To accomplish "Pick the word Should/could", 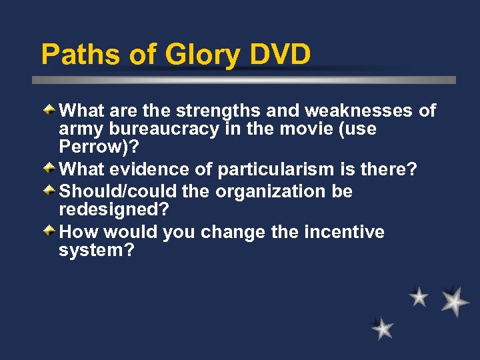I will [x=117, y=191].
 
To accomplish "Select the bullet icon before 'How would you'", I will [x=50, y=231].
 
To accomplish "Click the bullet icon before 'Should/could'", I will [x=50, y=191].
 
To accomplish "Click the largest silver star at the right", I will [x=455, y=301].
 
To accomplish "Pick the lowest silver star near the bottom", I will [x=383, y=329].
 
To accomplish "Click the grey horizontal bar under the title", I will [x=244, y=80].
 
